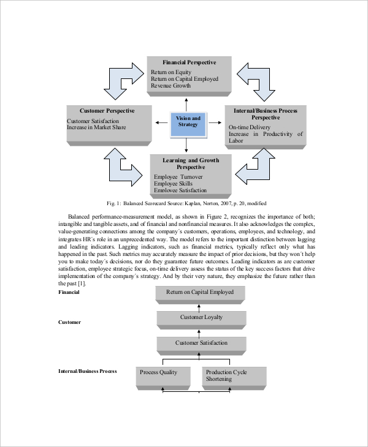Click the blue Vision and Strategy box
point(188,121)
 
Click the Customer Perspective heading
point(108,110)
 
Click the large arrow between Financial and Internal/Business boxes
point(256,79)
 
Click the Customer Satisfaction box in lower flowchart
point(201,343)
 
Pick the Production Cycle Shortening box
point(234,375)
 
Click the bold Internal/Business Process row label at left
point(87,371)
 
